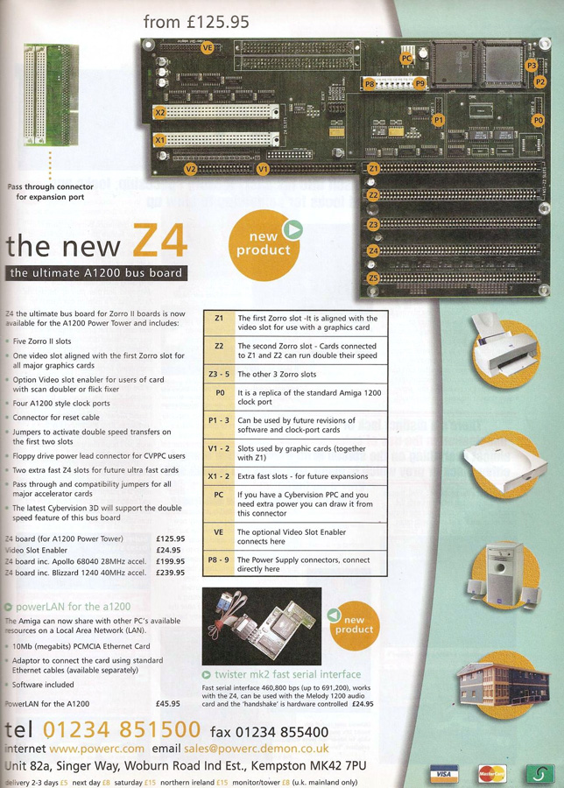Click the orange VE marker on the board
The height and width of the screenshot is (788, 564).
pos(208,49)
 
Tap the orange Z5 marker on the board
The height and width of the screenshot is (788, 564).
pos(373,278)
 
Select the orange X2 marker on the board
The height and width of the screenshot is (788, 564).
pos(159,113)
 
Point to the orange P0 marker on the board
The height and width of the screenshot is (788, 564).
pos(539,119)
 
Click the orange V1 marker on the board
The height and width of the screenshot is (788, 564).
pos(262,167)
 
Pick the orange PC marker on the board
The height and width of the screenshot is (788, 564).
pos(405,59)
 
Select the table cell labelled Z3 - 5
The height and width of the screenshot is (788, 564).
pos(219,374)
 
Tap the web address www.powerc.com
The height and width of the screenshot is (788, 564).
pos(96,749)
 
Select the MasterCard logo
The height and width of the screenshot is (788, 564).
pos(491,773)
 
